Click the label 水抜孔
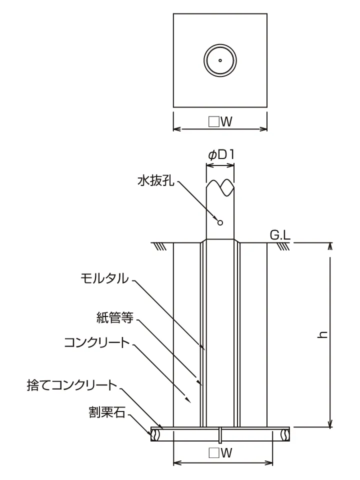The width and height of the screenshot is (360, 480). (156, 181)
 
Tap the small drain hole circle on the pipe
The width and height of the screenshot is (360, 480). (220, 222)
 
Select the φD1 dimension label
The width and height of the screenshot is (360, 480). (221, 155)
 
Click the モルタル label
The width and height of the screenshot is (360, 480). (104, 278)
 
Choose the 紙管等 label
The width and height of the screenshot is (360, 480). (115, 318)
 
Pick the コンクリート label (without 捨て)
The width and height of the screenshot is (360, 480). (97, 342)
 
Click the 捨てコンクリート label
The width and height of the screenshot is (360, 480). (72, 385)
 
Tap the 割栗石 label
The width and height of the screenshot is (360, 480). (107, 412)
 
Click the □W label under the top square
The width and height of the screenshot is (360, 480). (220, 122)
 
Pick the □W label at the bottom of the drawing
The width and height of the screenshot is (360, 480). (220, 453)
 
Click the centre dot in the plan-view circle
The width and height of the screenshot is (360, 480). (220, 60)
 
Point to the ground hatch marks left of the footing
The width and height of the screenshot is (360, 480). (160, 246)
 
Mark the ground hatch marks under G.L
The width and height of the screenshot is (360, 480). (283, 246)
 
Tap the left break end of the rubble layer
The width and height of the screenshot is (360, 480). (154, 434)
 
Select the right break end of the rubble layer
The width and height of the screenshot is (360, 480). (286, 434)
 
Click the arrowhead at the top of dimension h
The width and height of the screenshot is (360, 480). (330, 246)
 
